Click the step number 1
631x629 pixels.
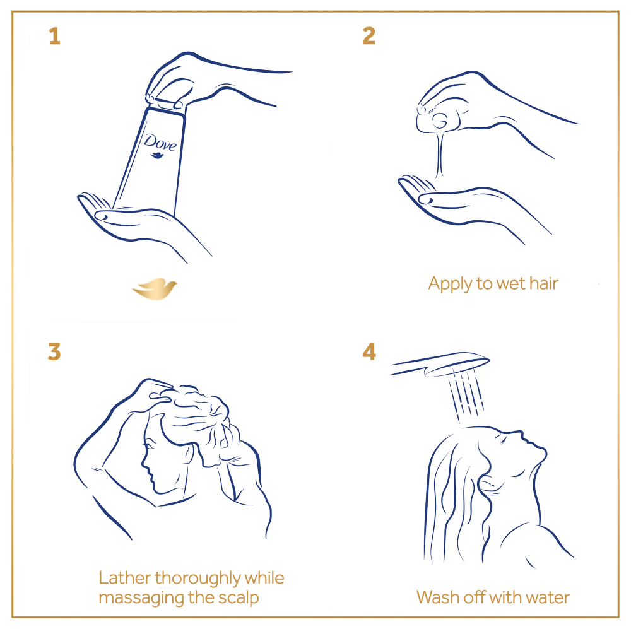(x=55, y=36)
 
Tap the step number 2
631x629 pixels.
(x=369, y=36)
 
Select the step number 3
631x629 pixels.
(x=54, y=352)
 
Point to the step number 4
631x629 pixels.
(x=369, y=351)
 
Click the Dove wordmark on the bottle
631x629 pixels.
(x=160, y=143)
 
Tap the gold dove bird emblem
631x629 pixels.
(x=155, y=288)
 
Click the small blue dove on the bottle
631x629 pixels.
(x=157, y=155)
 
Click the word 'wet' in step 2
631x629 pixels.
(x=510, y=284)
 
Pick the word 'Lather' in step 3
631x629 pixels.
(x=125, y=578)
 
